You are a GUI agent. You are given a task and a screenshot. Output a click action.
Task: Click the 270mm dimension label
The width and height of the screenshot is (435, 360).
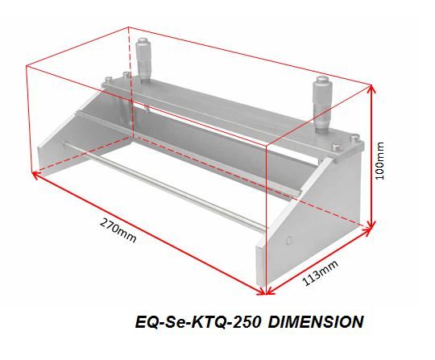point(118,230)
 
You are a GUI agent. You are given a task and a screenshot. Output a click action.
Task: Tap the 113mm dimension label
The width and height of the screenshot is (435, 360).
point(321,272)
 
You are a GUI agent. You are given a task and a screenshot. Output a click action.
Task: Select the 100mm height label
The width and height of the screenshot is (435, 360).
point(379,161)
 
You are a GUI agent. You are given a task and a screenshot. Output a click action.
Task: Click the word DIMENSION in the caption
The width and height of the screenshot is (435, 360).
point(316,322)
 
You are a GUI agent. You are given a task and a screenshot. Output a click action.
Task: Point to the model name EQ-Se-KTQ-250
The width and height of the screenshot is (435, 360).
point(198,322)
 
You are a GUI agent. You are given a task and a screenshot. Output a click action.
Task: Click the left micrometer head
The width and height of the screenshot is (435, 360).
point(144,60)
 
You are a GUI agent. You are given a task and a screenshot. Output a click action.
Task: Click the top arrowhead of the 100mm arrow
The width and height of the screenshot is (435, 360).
point(371,89)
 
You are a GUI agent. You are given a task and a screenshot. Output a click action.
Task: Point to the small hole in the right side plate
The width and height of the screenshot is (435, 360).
point(289,240)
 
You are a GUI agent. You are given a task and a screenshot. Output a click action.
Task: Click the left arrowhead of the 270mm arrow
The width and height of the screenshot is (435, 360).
point(35,175)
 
